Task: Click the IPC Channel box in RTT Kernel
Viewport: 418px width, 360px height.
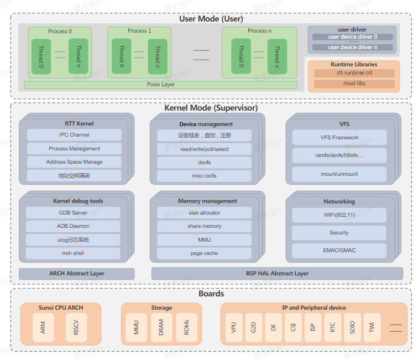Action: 74,135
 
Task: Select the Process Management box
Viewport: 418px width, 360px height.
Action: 74,149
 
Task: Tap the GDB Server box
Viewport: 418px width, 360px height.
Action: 73,213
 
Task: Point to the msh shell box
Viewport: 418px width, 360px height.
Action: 73,253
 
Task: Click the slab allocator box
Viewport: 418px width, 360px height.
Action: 204,213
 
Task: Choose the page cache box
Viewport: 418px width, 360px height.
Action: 204,253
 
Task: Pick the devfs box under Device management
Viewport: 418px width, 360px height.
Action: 204,163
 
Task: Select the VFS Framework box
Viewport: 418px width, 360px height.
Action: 339,138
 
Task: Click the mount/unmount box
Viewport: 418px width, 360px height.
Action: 339,174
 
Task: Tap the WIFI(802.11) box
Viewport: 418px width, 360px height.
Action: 339,215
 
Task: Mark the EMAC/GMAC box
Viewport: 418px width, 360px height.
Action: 339,250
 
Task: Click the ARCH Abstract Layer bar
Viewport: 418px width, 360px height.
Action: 76,274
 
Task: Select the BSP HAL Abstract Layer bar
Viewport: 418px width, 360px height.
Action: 277,273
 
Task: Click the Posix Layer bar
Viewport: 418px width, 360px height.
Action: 160,85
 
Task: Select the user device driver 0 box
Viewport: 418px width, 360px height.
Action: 352,37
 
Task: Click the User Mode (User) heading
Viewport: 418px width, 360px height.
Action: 211,19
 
